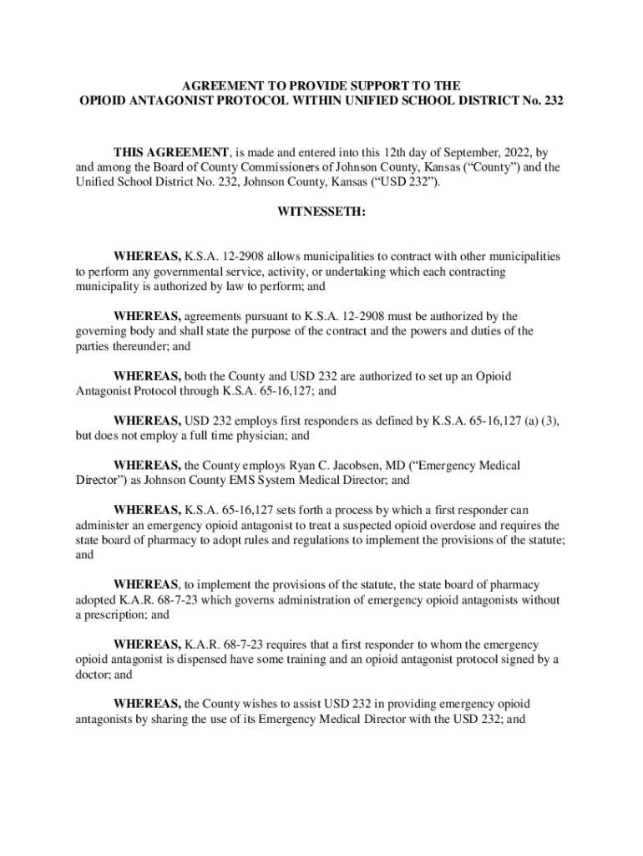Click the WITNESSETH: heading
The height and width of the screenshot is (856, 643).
[321, 211]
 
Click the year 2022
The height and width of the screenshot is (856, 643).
[509, 152]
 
